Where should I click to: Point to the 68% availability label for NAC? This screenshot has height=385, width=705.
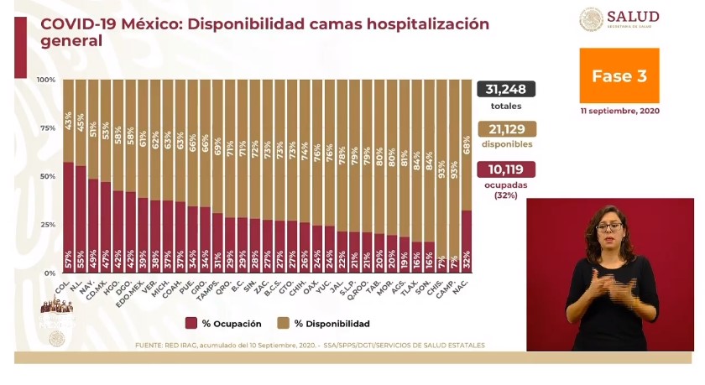[467, 132]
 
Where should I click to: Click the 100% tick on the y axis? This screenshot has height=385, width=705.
[46, 80]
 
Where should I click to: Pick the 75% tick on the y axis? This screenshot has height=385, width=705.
[48, 128]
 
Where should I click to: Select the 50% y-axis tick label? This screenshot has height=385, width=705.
[48, 176]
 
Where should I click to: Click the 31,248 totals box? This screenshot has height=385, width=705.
[506, 90]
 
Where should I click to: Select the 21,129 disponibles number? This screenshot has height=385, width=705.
[506, 128]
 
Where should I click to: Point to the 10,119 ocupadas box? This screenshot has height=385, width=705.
[506, 169]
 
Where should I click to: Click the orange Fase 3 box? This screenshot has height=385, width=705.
[619, 75]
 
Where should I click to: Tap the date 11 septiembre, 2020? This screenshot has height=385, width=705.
[619, 111]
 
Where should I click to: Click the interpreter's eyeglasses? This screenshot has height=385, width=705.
[608, 227]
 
